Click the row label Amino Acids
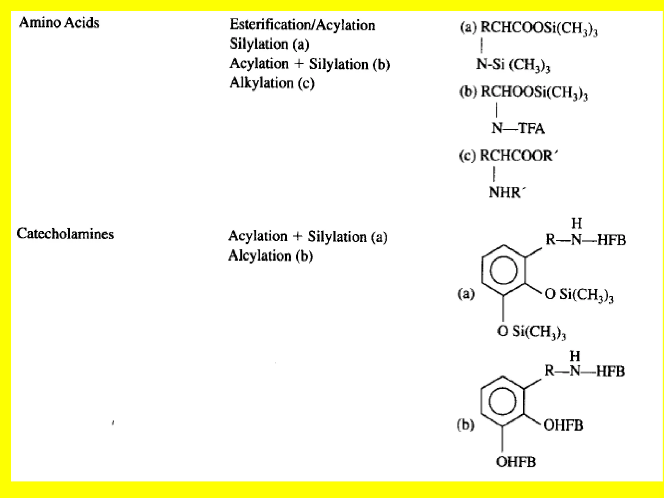(59, 23)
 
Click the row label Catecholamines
(65, 234)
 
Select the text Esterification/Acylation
(302, 25)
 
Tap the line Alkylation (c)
(272, 83)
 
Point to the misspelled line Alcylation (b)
(271, 256)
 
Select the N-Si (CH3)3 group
(513, 65)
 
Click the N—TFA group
(518, 128)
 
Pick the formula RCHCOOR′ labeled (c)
(518, 156)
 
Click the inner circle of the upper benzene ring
(504, 270)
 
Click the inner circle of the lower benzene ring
(503, 402)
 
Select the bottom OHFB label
(516, 462)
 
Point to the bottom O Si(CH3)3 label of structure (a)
(532, 331)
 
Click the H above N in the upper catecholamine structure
(576, 223)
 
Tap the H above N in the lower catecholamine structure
(575, 356)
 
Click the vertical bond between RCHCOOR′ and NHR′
(494, 174)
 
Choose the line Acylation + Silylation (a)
(308, 236)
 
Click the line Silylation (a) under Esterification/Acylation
(269, 44)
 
